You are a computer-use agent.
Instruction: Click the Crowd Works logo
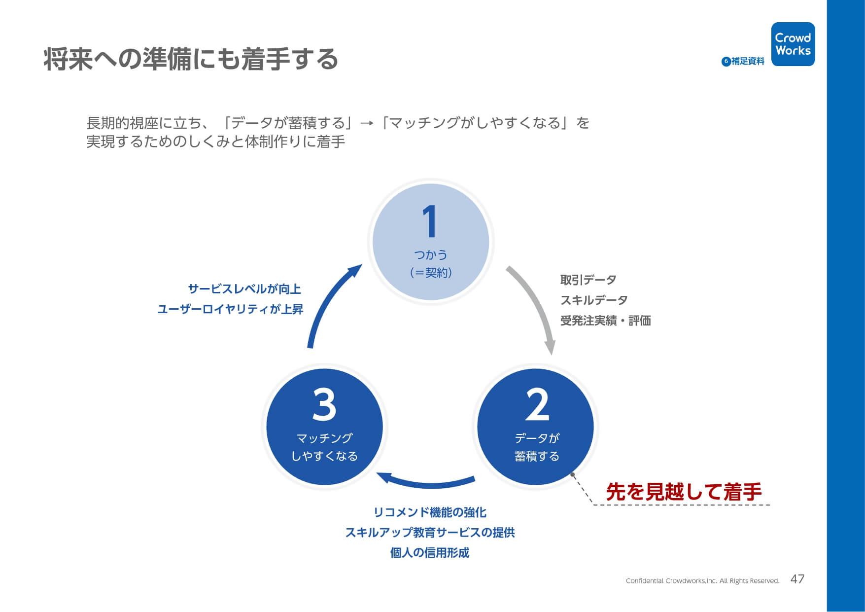click(x=793, y=44)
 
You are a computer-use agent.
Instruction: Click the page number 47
click(x=797, y=579)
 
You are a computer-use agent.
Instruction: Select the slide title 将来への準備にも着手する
click(x=191, y=59)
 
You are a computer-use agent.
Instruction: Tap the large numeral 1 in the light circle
click(x=430, y=221)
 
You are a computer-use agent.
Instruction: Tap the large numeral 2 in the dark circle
click(x=537, y=404)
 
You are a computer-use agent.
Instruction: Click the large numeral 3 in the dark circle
click(x=324, y=404)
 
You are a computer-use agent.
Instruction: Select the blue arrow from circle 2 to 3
click(x=426, y=484)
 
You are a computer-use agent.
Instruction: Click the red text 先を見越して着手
click(x=684, y=492)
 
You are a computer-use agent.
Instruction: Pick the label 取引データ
click(x=588, y=280)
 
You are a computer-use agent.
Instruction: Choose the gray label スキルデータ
click(x=594, y=300)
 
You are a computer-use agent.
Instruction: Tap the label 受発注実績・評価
click(x=605, y=321)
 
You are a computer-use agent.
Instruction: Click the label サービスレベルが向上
click(x=244, y=289)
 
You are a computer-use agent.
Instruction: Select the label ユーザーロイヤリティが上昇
click(x=230, y=309)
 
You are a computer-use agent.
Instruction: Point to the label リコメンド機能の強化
click(x=430, y=512)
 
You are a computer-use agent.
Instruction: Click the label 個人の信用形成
click(x=430, y=553)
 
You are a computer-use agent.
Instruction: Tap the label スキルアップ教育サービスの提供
click(x=430, y=533)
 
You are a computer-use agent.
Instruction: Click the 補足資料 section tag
click(x=743, y=61)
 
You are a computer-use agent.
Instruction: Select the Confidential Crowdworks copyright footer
click(x=702, y=581)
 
